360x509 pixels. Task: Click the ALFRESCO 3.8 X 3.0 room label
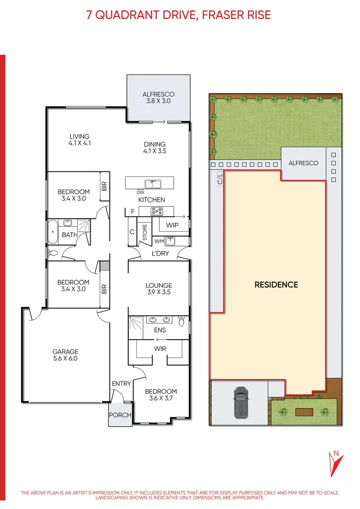pos(158,98)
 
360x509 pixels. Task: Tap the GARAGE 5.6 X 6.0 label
pos(66,355)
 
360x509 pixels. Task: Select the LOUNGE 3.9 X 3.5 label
pos(159,288)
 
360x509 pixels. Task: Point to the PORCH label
pos(120,414)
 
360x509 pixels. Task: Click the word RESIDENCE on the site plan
pos(276,284)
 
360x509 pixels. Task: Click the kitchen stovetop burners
pos(157,211)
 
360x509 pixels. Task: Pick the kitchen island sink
pos(155,183)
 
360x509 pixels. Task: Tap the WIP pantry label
pos(172,225)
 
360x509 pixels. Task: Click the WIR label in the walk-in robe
pos(159,348)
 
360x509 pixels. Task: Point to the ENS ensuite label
pos(159,331)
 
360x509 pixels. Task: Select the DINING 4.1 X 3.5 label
pos(155,147)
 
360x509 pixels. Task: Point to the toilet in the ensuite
pos(181,322)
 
